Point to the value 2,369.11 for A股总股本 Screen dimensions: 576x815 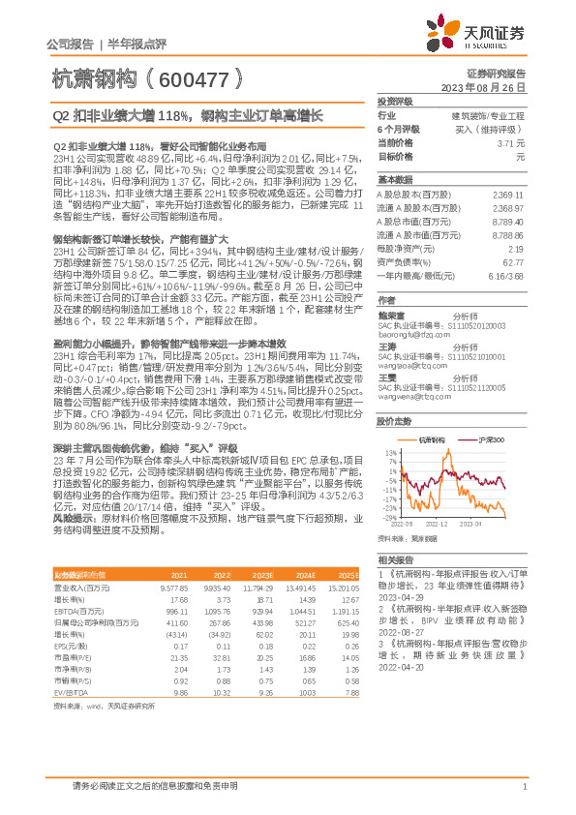[x=509, y=196]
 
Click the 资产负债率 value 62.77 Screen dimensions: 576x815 [x=514, y=263]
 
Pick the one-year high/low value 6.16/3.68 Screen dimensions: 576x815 [x=506, y=275]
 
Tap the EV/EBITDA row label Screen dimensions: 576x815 [x=70, y=693]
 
